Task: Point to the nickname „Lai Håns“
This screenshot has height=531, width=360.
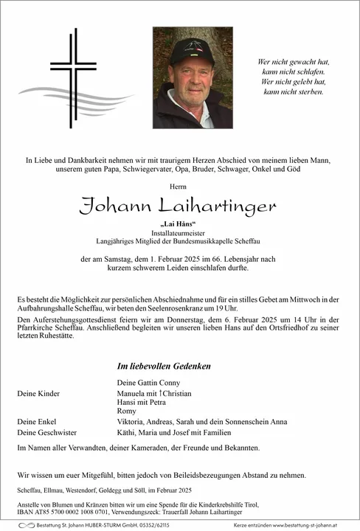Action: [180, 223]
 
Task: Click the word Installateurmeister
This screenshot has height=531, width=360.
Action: [180, 232]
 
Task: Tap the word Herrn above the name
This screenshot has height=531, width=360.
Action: [180, 187]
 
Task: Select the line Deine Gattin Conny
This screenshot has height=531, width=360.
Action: [148, 383]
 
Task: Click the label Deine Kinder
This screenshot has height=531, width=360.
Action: [38, 394]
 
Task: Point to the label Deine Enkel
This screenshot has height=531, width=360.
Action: [38, 421]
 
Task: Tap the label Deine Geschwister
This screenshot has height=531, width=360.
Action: [46, 432]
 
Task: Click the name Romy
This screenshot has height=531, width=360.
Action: [126, 410]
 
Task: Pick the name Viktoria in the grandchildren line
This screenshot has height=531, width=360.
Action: [133, 421]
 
